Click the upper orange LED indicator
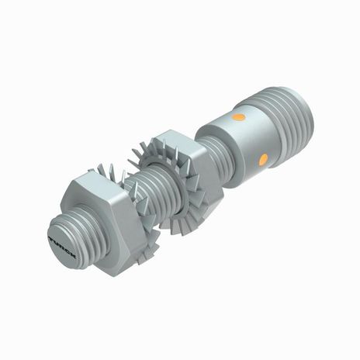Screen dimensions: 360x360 (x=238, y=119)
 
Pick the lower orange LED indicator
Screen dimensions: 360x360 (x=263, y=159)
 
